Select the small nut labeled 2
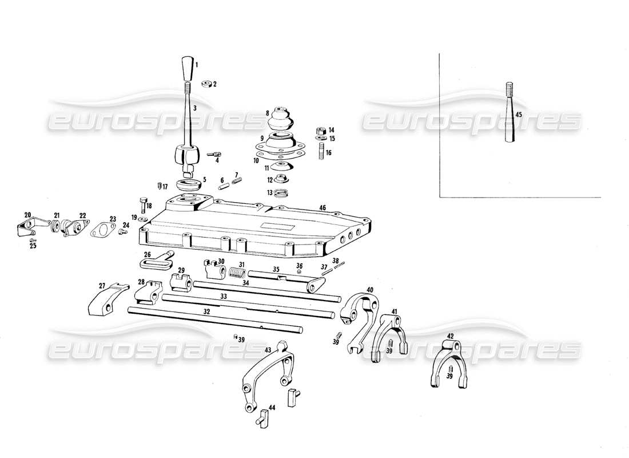point(208,84)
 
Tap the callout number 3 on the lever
point(194,108)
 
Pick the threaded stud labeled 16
point(321,152)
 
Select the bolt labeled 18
point(142,204)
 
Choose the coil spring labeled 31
point(235,273)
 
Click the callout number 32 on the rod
point(207,312)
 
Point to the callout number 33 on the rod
point(224,297)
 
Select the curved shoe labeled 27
point(105,299)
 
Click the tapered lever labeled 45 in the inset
point(509,114)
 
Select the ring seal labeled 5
point(188,185)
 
